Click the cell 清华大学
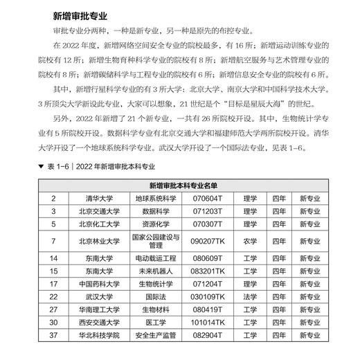tap(93, 198)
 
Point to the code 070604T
tap(208, 198)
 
